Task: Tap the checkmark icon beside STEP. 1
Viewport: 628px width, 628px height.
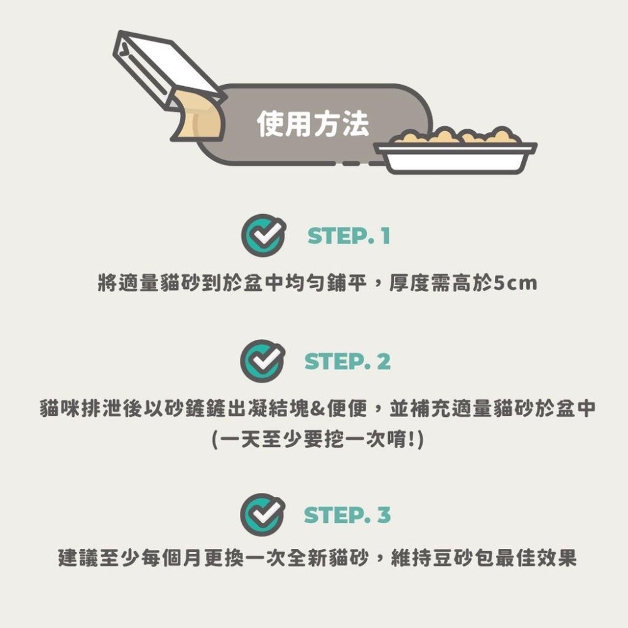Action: point(261,235)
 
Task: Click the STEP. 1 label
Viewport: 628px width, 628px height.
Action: point(349,236)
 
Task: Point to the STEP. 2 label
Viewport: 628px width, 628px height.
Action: point(347,362)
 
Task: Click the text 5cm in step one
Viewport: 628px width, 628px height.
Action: point(516,284)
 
